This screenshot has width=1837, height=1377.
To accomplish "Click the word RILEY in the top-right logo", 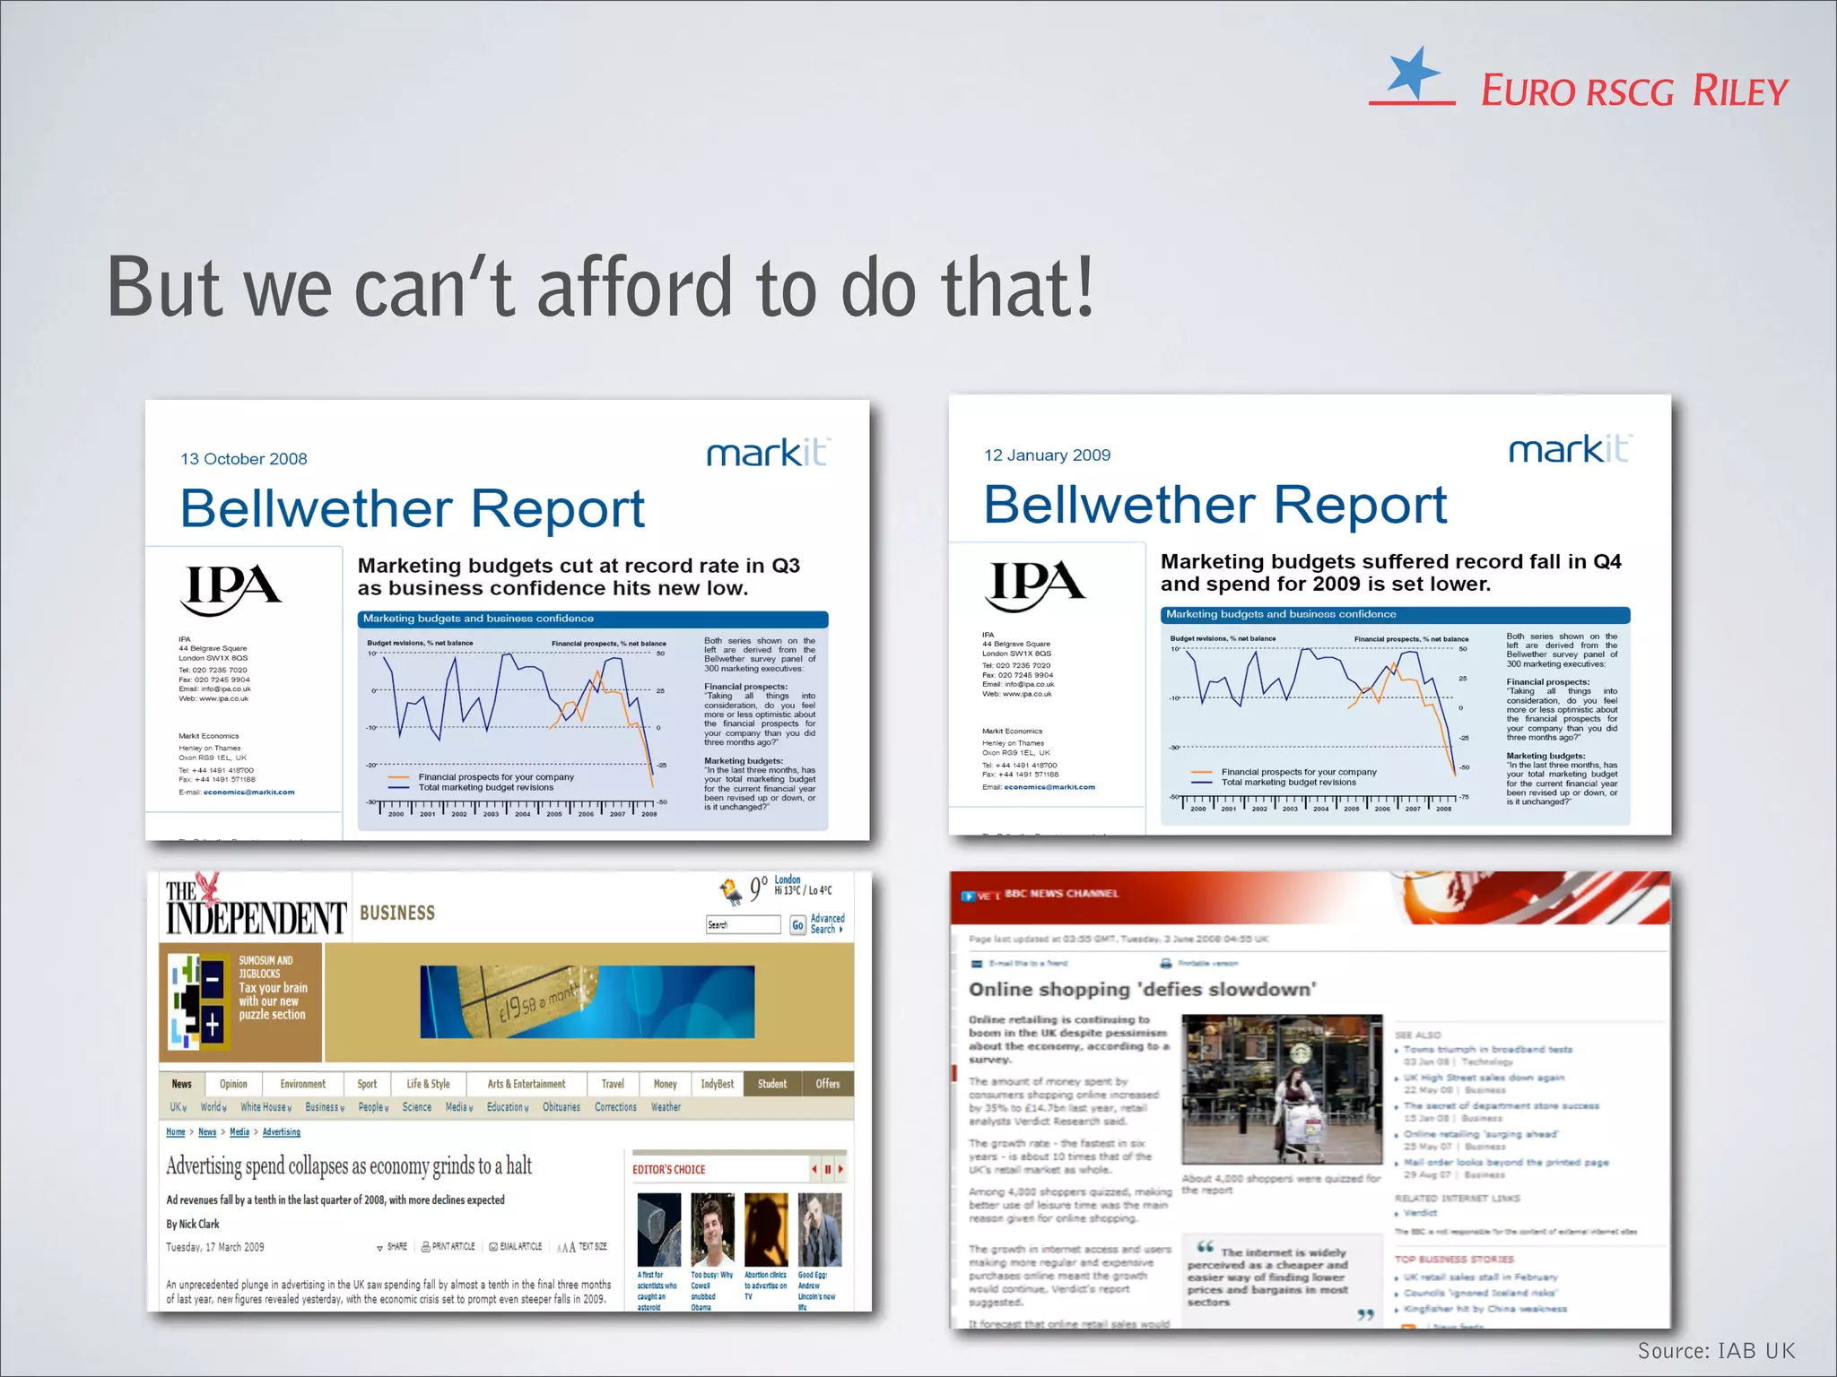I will (1740, 91).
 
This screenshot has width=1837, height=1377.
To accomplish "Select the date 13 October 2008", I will (244, 459).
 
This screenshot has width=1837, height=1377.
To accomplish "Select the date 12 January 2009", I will (1047, 455).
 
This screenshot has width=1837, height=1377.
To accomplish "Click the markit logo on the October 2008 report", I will (768, 453).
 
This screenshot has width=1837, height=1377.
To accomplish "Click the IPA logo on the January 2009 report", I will (1035, 585).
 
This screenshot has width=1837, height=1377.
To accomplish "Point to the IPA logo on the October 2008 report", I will (232, 589).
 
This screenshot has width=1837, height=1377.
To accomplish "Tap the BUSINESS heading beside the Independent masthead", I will (397, 914).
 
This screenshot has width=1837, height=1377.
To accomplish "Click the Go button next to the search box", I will (797, 925).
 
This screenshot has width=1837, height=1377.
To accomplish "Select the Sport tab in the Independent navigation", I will (367, 1084).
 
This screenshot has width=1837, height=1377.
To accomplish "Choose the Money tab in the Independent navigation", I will (665, 1084).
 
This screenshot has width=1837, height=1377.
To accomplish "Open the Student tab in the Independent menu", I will (771, 1084).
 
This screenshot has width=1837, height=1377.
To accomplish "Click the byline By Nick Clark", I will (193, 1224).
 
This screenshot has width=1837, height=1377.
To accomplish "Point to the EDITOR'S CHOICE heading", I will (669, 1170).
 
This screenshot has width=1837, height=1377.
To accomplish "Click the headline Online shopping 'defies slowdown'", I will (1142, 990).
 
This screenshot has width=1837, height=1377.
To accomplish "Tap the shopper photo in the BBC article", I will (1282, 1089).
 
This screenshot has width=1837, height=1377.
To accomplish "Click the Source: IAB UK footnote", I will (1716, 1351).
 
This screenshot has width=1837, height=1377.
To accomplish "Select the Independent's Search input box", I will (743, 925).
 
